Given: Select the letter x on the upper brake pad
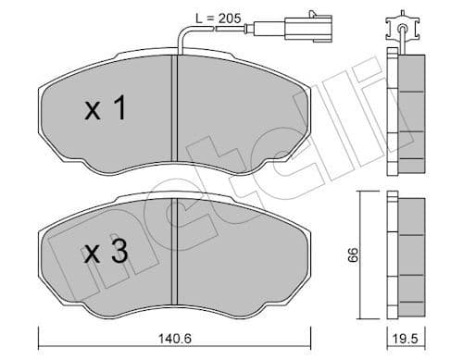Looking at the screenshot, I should [94, 112].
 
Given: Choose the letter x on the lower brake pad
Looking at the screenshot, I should [94, 254].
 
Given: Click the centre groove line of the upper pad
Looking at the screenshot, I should [173, 111].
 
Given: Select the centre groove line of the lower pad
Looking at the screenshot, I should [173, 254].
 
